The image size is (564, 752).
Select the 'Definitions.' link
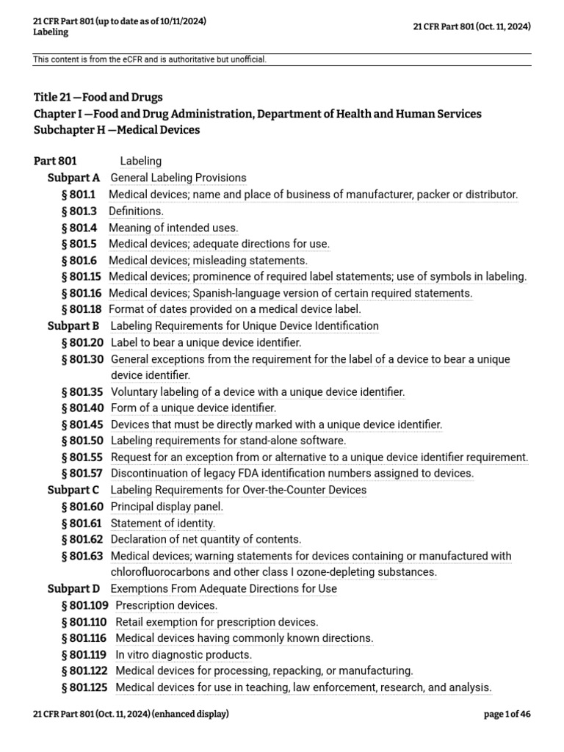tap(136, 211)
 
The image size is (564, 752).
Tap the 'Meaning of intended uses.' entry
tap(173, 228)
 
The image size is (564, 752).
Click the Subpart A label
tap(73, 178)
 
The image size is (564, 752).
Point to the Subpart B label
tap(73, 326)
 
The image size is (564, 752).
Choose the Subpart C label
tap(73, 490)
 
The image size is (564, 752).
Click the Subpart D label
tap(73, 589)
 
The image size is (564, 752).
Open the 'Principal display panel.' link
tap(167, 507)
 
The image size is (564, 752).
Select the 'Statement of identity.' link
tap(163, 524)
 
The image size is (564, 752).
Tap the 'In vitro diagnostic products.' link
tap(184, 655)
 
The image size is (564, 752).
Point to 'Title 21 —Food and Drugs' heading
tap(98, 97)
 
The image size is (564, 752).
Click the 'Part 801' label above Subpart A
tap(55, 161)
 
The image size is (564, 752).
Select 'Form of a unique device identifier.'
tap(193, 408)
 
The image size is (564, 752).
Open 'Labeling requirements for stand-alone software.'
tap(228, 441)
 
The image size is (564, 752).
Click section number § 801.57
tap(82, 474)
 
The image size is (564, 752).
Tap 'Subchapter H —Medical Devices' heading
tap(117, 130)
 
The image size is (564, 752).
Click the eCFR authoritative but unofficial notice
tap(150, 59)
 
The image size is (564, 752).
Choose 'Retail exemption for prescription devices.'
tap(217, 622)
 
